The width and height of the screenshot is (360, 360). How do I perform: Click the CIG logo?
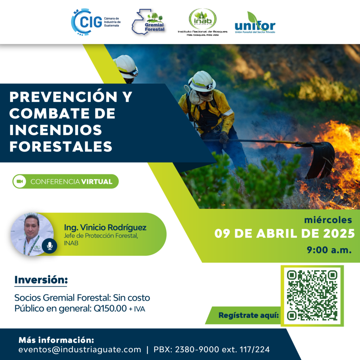pyautogui.click(x=96, y=22)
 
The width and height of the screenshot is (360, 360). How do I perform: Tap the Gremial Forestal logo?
pyautogui.click(x=148, y=22)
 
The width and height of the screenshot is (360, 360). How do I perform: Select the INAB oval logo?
pyautogui.click(x=202, y=19)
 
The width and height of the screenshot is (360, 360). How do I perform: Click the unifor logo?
pyautogui.click(x=255, y=23)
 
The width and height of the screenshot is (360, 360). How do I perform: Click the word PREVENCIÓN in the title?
pyautogui.click(x=63, y=97)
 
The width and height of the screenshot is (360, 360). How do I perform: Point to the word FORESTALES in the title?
pyautogui.click(x=61, y=147)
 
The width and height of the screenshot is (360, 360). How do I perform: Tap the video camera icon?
pyautogui.click(x=20, y=181)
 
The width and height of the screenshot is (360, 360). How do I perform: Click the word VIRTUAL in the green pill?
pyautogui.click(x=97, y=182)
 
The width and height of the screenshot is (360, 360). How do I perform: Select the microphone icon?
pyautogui.click(x=50, y=246)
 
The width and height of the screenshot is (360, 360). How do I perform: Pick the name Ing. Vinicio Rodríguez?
pyautogui.click(x=105, y=227)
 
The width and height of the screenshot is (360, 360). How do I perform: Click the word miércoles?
pyautogui.click(x=328, y=220)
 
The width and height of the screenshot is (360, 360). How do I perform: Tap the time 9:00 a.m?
pyautogui.click(x=329, y=250)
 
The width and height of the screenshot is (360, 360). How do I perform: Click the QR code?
pyautogui.click(x=312, y=296)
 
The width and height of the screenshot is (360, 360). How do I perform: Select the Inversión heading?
pyautogui.click(x=41, y=280)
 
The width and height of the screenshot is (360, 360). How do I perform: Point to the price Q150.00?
pyautogui.click(x=110, y=308)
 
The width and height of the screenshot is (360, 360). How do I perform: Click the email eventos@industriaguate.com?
pyautogui.click(x=80, y=349)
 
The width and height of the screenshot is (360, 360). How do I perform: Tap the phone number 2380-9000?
pyautogui.click(x=197, y=349)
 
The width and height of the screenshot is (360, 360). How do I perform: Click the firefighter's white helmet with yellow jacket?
pyautogui.click(x=202, y=81)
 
